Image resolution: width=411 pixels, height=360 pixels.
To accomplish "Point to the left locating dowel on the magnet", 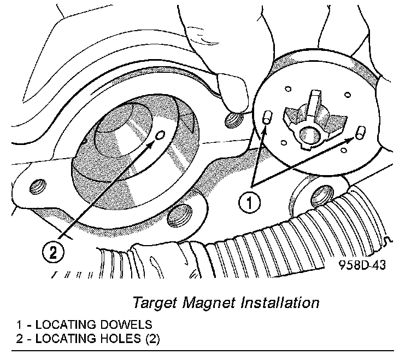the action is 267,118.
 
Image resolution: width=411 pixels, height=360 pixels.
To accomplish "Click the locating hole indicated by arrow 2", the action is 160,135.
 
